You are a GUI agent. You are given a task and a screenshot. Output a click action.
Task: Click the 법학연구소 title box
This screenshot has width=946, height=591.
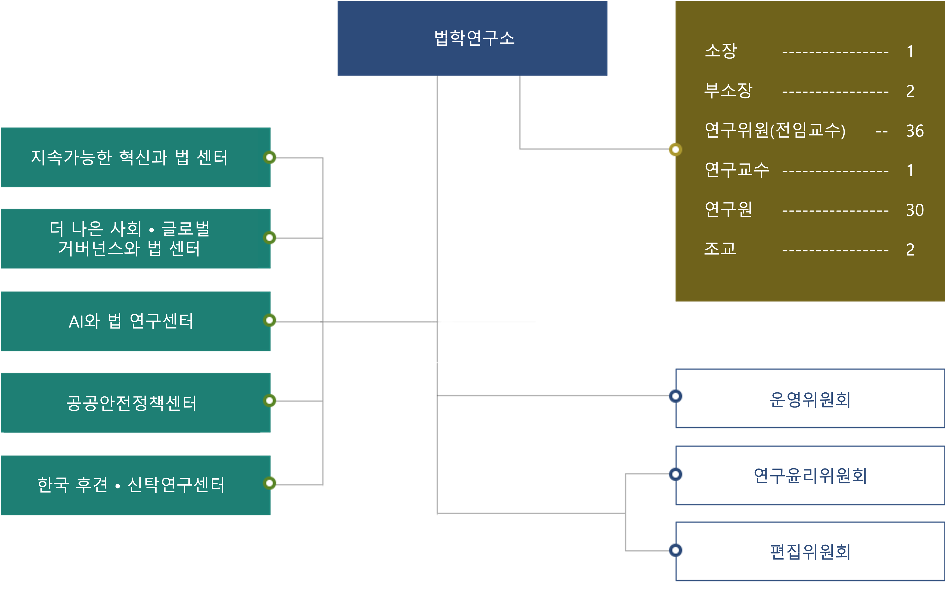pos(472,38)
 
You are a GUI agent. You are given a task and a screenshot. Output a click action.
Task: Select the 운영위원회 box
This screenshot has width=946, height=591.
pos(810,399)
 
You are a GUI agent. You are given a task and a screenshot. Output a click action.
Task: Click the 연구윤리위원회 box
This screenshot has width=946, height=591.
pos(810,475)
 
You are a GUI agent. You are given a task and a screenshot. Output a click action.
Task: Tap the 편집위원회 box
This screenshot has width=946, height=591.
pos(810,551)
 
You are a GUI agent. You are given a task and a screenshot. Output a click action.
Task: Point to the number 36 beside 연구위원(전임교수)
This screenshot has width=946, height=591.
pos(915,131)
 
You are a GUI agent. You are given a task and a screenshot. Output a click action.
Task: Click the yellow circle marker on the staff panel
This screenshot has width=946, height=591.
pos(675,149)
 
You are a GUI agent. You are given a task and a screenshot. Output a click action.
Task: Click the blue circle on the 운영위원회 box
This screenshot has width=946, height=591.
pos(675,396)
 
